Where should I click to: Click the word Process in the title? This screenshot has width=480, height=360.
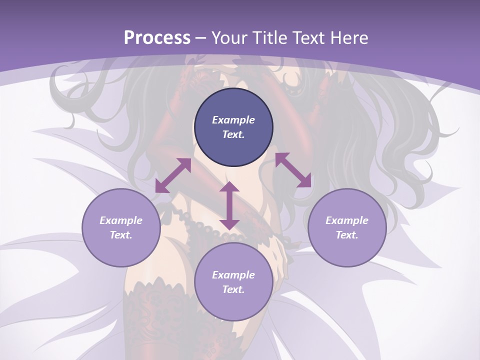tap(157, 38)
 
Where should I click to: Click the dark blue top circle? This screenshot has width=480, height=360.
tap(233, 127)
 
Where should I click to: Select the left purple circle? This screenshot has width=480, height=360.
tap(121, 227)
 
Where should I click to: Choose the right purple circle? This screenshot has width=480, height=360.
tap(347, 227)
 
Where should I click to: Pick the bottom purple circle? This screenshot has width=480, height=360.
tap(233, 282)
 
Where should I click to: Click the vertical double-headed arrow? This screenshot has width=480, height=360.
tap(229, 206)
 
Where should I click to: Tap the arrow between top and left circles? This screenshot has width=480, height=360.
tap(173, 175)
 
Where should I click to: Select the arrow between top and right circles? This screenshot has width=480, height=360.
tap(293, 170)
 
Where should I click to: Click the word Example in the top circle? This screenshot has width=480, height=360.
tap(233, 120)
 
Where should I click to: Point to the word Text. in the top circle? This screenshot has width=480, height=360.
tap(233, 134)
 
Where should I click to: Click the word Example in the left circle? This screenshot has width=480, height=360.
tap(121, 220)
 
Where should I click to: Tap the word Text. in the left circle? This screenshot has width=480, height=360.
tap(121, 235)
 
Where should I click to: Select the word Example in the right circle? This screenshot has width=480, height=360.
tap(347, 220)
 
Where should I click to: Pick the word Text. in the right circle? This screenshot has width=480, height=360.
tap(347, 235)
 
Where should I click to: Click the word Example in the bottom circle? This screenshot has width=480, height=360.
tap(233, 275)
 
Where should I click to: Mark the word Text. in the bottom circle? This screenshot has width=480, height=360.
tap(233, 289)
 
